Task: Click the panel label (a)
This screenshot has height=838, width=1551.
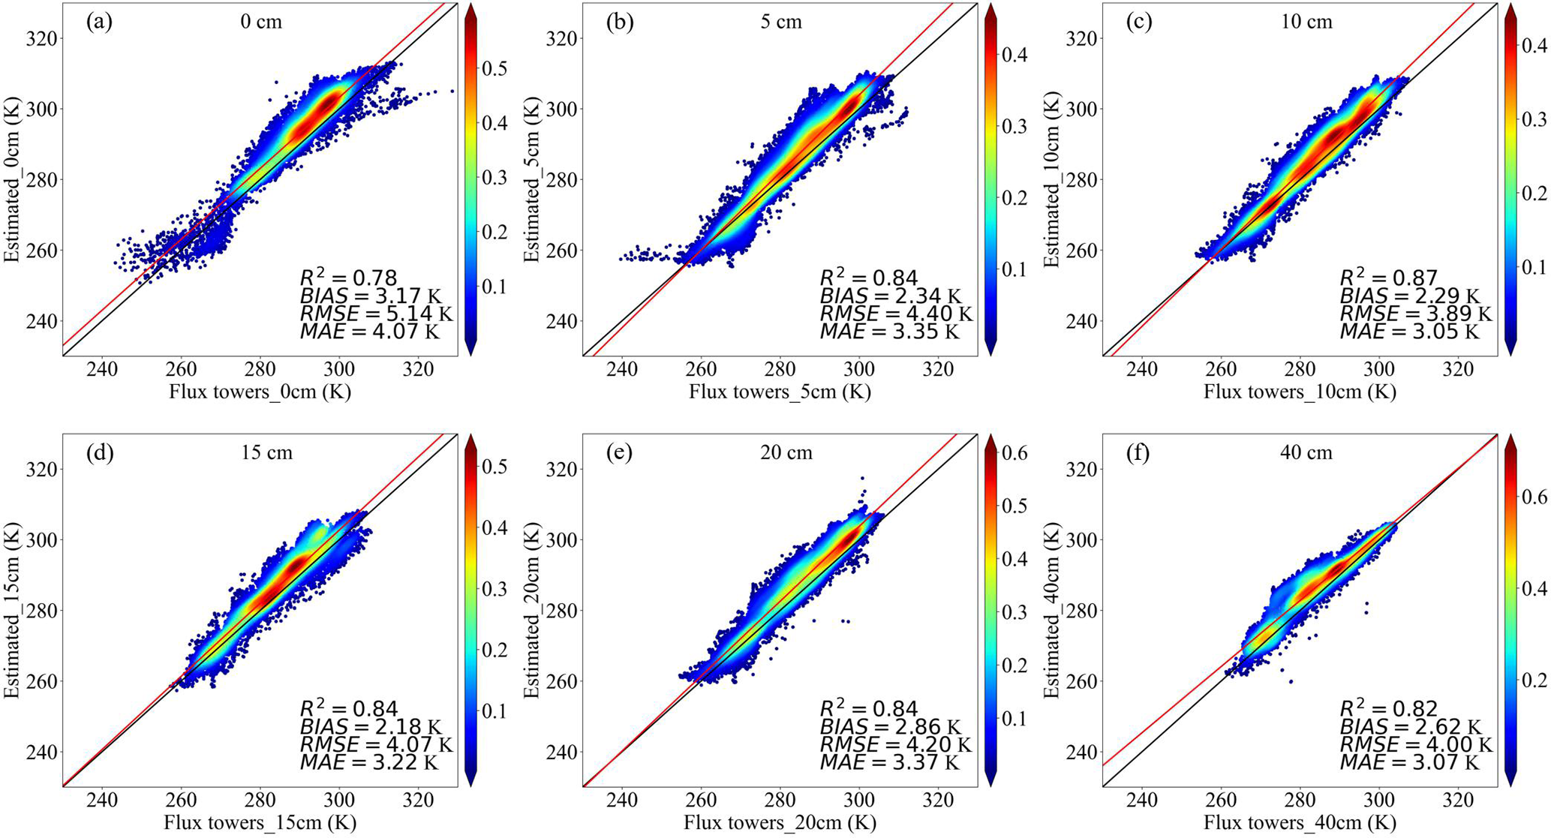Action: (x=99, y=22)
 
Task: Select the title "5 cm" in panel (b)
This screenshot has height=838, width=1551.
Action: (x=780, y=22)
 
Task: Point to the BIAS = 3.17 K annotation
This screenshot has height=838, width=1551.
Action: (x=369, y=296)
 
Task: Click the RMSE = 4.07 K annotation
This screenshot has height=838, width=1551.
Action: (x=376, y=745)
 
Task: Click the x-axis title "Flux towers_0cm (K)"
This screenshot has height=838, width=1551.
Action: (x=260, y=392)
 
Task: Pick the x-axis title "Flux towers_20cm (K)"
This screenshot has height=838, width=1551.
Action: (x=780, y=823)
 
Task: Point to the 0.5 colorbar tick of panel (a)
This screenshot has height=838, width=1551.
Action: (x=494, y=69)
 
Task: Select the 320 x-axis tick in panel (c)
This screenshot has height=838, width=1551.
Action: (x=1458, y=369)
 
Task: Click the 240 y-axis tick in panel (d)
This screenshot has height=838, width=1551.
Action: (x=41, y=752)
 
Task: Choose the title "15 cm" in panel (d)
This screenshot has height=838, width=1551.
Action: (x=266, y=453)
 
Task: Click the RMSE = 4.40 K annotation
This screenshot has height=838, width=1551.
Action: (x=895, y=314)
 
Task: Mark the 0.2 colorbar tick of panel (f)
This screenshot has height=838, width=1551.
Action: (x=1534, y=680)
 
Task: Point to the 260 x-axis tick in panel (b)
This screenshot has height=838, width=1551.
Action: (x=701, y=369)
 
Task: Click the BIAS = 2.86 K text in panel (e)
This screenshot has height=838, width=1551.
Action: (x=889, y=727)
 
